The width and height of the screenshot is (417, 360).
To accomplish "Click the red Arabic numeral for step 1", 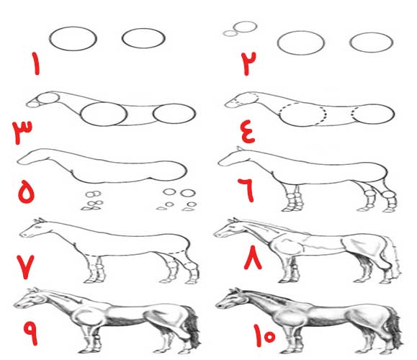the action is tap(35, 64).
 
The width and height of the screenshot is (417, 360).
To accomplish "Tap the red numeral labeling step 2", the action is tap(248, 64).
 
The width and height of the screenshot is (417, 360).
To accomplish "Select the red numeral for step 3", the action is tap(22, 132).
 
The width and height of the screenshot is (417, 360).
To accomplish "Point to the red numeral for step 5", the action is tap(26, 192).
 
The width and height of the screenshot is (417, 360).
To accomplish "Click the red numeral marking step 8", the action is tap(253, 257).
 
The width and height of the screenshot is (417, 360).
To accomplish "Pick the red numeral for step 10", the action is tap(264, 336).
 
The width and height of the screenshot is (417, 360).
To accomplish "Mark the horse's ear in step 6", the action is tap(239, 148).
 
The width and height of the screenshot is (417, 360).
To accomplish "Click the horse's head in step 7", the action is tap(34, 228).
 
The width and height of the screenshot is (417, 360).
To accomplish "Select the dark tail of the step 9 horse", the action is tap(192, 328).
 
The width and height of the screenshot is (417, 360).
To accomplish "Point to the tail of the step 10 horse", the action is tap(395, 327).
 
